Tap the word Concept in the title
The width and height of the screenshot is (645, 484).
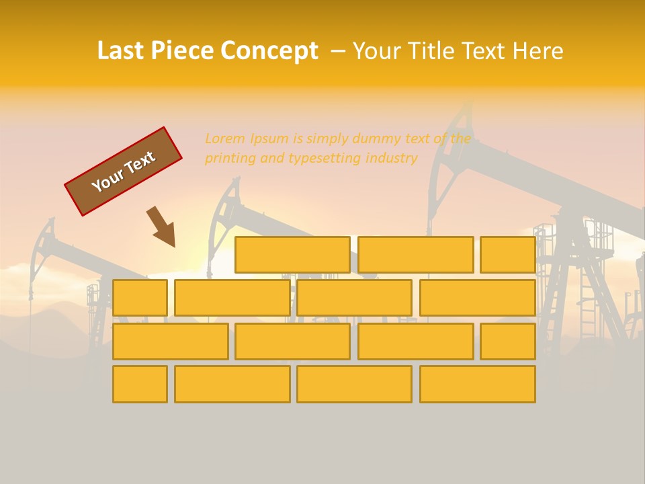[269, 51]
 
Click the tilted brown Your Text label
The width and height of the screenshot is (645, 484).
[123, 171]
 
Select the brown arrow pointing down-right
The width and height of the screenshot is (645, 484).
[162, 227]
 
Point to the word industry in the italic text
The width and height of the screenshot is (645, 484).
[391, 159]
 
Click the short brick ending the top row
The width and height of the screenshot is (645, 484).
[507, 255]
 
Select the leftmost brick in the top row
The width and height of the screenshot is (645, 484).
[292, 255]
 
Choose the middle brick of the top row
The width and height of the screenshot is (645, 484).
[415, 255]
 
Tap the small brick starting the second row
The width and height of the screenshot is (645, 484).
[140, 298]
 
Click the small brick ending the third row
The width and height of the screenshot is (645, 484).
[507, 341]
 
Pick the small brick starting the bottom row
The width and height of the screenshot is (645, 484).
[140, 384]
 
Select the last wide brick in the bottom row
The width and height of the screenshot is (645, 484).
[477, 384]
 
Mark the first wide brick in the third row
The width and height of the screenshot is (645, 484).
[170, 341]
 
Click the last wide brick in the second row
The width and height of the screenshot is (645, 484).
[477, 298]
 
